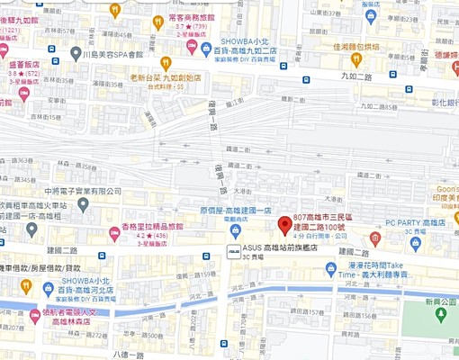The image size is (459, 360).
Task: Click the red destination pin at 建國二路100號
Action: [x=284, y=224]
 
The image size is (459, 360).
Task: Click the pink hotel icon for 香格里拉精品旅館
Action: [x=115, y=234]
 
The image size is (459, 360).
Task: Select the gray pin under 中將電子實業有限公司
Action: [x=83, y=206]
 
